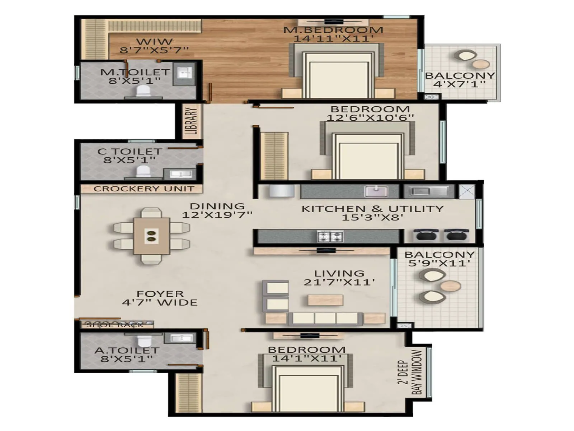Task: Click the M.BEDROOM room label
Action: tap(333, 30)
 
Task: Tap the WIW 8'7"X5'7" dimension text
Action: tap(154, 50)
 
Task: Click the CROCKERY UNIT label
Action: tap(143, 189)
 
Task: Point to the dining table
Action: tap(151, 236)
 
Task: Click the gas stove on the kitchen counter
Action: tap(330, 236)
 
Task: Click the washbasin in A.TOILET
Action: tap(181, 338)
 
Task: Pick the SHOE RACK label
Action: tap(115, 325)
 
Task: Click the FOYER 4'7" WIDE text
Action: tap(160, 298)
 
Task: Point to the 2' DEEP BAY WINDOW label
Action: tap(410, 372)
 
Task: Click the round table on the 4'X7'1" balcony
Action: tap(481, 64)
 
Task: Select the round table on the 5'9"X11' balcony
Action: tap(450, 286)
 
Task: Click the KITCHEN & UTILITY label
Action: tap(372, 209)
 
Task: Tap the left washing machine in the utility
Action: tap(425, 236)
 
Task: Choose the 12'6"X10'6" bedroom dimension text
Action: tap(370, 117)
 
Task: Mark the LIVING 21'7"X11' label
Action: tap(339, 278)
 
